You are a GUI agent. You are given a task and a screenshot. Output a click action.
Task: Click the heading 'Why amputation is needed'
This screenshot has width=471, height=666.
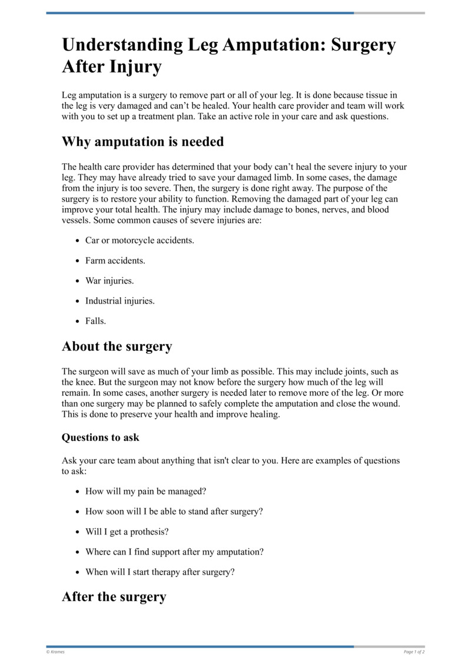[142, 142]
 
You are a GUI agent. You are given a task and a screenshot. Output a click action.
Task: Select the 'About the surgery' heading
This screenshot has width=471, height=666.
[117, 347]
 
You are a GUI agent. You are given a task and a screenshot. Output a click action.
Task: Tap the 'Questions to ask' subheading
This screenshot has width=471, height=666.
[100, 438]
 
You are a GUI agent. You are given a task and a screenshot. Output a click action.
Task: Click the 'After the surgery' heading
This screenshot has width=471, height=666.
[114, 597]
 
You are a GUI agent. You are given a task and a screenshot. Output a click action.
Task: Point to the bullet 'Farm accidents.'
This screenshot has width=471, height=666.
[115, 261]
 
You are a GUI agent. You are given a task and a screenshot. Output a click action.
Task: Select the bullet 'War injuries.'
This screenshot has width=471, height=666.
[110, 281]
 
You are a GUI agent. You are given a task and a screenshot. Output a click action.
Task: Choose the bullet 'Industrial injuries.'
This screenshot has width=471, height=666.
[120, 301]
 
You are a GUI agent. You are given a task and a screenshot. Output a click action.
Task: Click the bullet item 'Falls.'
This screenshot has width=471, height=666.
[95, 321]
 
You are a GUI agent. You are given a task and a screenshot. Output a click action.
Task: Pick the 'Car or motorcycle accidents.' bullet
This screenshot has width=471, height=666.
[140, 240]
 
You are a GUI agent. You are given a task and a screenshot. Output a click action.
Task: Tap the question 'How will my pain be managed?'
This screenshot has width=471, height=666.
[145, 491]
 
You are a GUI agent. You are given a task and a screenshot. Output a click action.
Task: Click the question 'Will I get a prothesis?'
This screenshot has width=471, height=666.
[127, 532]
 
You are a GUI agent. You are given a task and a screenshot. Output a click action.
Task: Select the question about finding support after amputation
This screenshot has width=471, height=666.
[174, 552]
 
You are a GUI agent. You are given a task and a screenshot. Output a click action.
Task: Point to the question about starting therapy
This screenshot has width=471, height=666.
[160, 572]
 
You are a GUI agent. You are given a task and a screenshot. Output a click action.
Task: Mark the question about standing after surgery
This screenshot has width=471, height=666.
[174, 512]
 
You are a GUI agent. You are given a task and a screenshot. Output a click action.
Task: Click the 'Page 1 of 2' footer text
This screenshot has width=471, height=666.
[414, 652]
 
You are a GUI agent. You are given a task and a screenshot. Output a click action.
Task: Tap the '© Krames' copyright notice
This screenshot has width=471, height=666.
[55, 652]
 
